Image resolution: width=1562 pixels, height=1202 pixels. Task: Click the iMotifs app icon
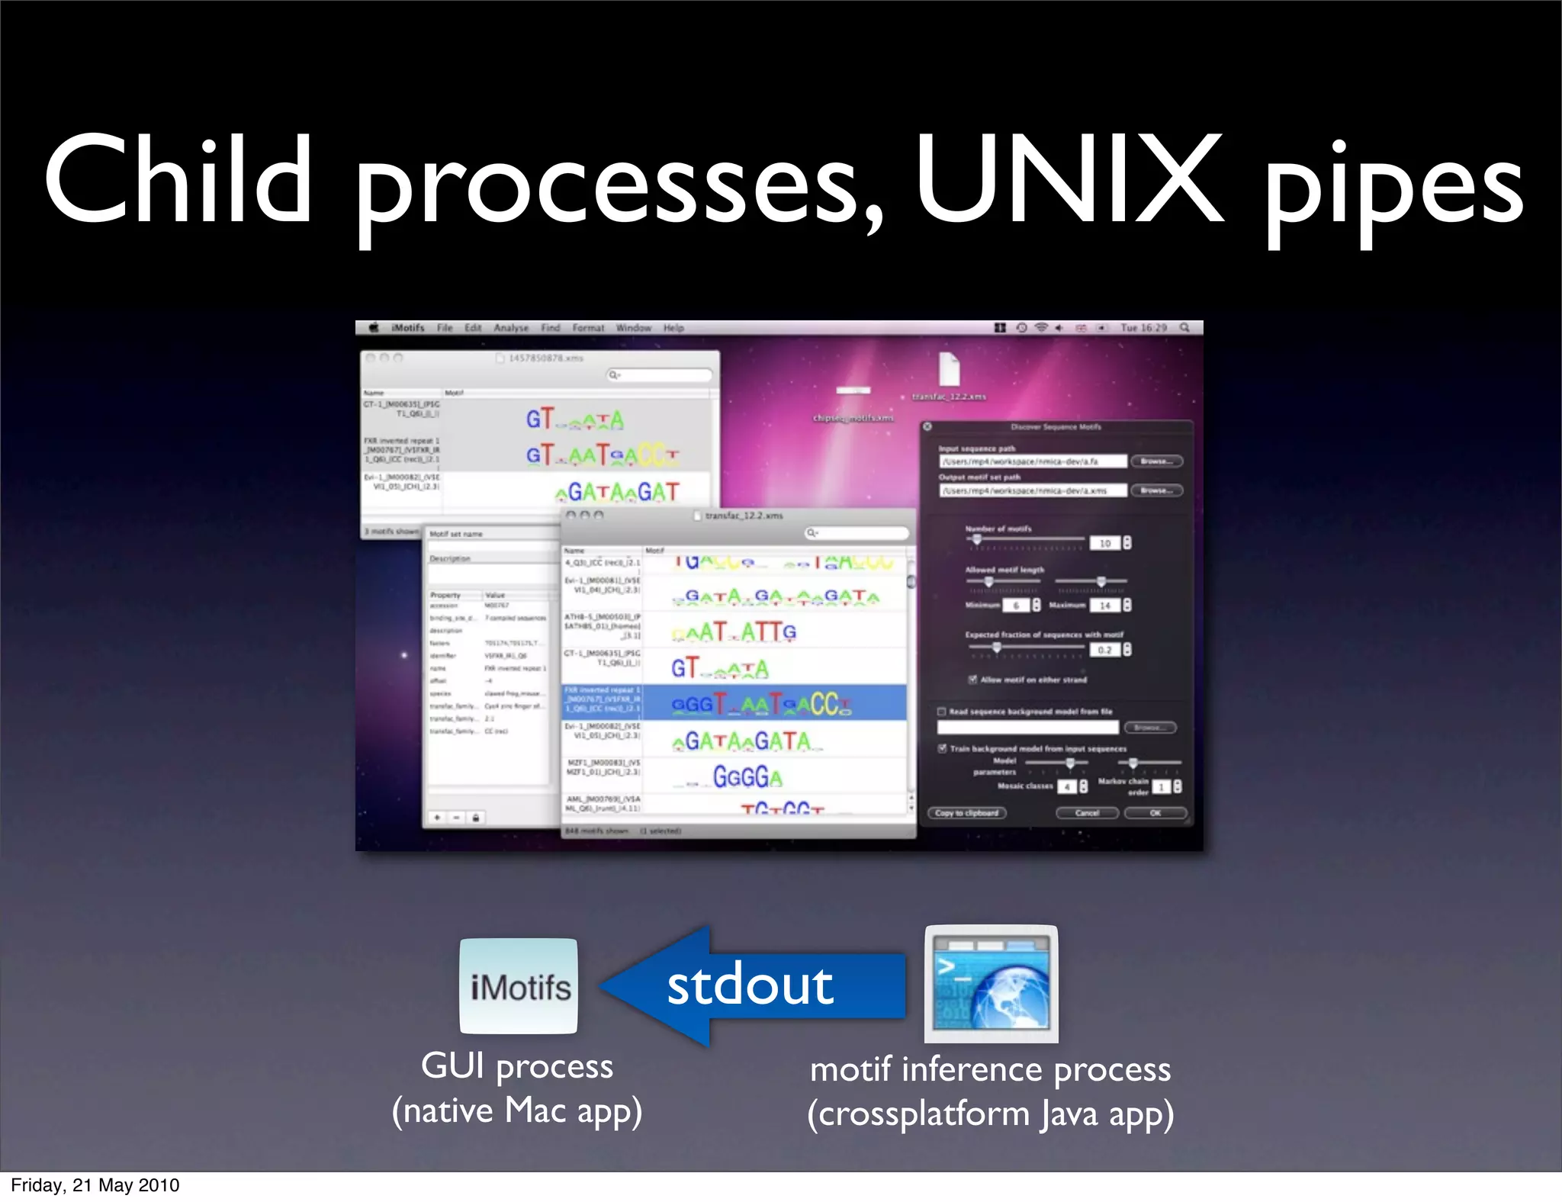coord(519,986)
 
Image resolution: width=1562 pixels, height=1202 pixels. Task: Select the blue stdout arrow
coord(751,985)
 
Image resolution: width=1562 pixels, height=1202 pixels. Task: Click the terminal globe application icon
coord(991,984)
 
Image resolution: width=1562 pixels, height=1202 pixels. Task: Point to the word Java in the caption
coord(1070,1114)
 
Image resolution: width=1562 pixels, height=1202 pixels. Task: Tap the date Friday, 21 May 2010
coord(95,1185)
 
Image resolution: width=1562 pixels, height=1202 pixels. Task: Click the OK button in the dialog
coord(1155,813)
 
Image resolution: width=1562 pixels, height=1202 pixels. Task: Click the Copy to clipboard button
coord(966,813)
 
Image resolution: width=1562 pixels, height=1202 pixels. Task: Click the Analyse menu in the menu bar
coord(511,328)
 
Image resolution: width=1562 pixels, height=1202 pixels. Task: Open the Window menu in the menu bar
coord(633,328)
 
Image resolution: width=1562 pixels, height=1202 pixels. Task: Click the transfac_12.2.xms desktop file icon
coord(949,371)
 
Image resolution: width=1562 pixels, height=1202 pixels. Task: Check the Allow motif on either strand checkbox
coord(973,680)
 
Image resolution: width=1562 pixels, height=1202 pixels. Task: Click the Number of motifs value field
coord(1104,543)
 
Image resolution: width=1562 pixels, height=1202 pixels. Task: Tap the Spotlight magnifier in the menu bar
coord(1184,328)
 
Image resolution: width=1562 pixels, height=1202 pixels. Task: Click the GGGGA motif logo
coord(747,777)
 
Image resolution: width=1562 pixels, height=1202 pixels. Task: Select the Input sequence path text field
coord(1033,461)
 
